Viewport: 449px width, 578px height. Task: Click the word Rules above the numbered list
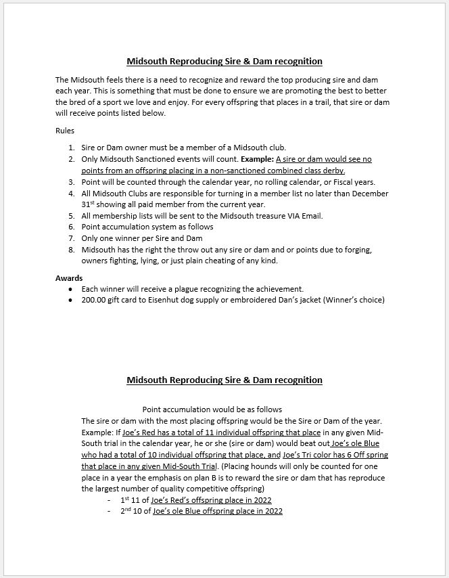pyautogui.click(x=65, y=131)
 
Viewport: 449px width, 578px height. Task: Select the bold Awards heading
pyautogui.click(x=69, y=277)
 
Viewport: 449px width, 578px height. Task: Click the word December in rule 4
pyautogui.click(x=370, y=194)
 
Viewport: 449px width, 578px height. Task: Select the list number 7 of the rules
pyautogui.click(x=72, y=238)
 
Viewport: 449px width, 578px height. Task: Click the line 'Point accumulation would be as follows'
pyautogui.click(x=212, y=409)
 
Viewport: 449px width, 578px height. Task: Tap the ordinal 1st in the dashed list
pyautogui.click(x=124, y=499)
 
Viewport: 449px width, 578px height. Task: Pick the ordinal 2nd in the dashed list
pyautogui.click(x=126, y=511)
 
